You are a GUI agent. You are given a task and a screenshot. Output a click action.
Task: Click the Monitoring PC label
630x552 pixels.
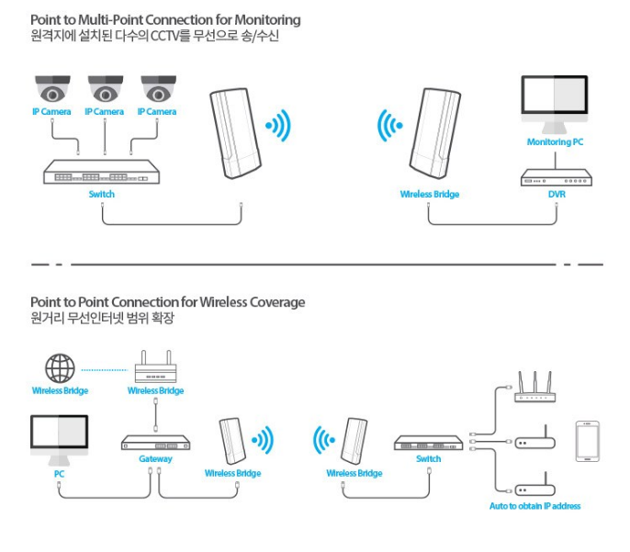(x=554, y=142)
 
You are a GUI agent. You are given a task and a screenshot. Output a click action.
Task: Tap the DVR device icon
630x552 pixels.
(x=554, y=175)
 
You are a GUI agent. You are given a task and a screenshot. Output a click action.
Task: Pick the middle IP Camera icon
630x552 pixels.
(x=105, y=90)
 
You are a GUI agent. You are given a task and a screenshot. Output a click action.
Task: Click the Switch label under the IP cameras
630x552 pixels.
(x=102, y=195)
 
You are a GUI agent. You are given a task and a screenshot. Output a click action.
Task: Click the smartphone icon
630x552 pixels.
(x=588, y=443)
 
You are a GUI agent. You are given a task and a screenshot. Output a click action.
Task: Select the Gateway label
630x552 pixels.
(x=155, y=458)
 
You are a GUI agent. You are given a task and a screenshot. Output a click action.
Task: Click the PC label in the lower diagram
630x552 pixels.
(x=60, y=474)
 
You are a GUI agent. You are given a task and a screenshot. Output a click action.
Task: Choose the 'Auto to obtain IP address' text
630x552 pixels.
(x=535, y=506)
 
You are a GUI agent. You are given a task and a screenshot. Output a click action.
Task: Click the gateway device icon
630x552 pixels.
(x=155, y=443)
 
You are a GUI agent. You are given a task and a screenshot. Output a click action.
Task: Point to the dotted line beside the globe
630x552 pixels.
(x=103, y=370)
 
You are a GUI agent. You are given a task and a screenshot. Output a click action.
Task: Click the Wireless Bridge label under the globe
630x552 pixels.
(x=60, y=390)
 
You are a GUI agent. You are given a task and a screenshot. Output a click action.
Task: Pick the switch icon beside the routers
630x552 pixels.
(x=428, y=443)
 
